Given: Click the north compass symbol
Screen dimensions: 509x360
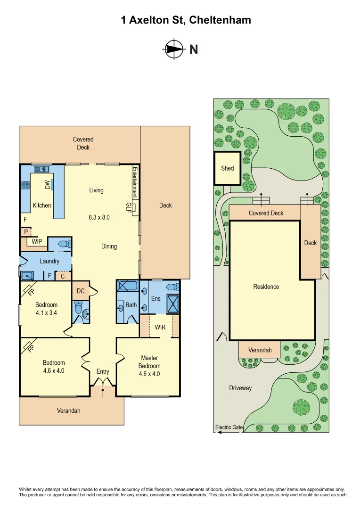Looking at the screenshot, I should pyautogui.click(x=173, y=49).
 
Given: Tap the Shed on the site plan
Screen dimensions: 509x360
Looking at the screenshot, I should pyautogui.click(x=228, y=168).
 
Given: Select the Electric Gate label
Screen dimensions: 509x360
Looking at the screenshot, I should pyautogui.click(x=229, y=427).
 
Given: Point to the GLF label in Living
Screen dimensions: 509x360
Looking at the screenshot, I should pyautogui.click(x=129, y=206).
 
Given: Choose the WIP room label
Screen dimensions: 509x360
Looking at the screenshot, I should pyautogui.click(x=37, y=242).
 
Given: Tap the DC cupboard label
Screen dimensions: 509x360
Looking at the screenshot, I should pyautogui.click(x=81, y=291).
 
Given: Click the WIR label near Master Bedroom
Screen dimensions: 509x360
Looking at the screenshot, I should pyautogui.click(x=160, y=327).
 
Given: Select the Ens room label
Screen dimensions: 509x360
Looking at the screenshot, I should pyautogui.click(x=156, y=298).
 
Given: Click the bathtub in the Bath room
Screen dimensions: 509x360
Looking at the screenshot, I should pyautogui.click(x=126, y=286).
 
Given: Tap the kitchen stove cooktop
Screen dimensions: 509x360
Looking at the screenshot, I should pyautogui.click(x=25, y=185).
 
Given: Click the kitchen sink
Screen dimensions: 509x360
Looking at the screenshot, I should pyautogui.click(x=41, y=169).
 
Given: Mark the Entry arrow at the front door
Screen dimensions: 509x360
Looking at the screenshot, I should pyautogui.click(x=103, y=392).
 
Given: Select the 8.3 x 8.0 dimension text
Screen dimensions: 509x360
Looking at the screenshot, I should pyautogui.click(x=99, y=217).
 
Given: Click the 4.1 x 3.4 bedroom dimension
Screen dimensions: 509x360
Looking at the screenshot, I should pyautogui.click(x=46, y=312).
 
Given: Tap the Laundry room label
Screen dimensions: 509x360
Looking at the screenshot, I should pyautogui.click(x=49, y=261).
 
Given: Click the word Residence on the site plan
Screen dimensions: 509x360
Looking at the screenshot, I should pyautogui.click(x=266, y=287).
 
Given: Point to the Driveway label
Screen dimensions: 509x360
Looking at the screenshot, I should pyautogui.click(x=240, y=388).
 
